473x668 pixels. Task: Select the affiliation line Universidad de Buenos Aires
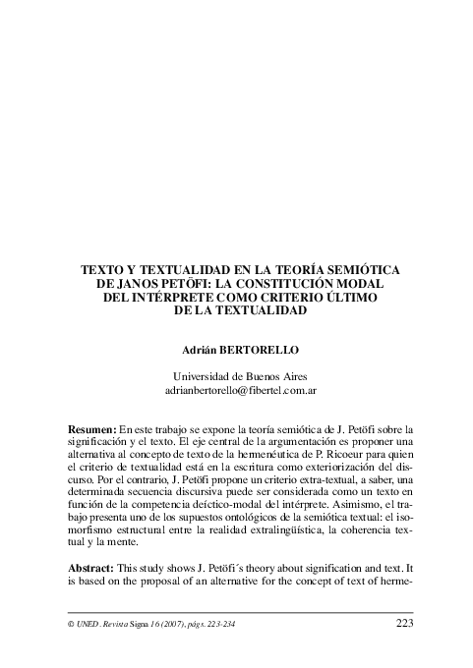point(237,376)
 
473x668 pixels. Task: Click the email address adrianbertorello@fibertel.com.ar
point(237,390)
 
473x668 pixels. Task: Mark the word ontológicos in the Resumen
point(248,519)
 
